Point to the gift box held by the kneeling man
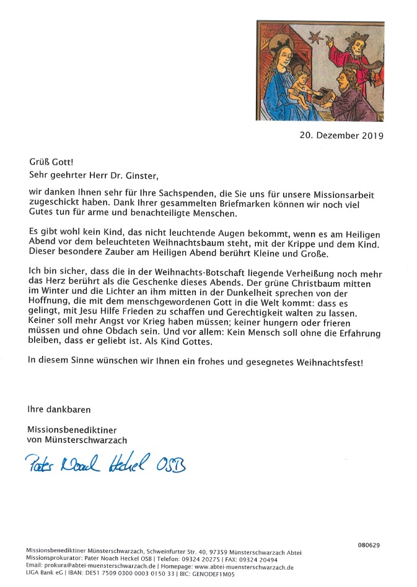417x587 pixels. (x=322, y=94)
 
